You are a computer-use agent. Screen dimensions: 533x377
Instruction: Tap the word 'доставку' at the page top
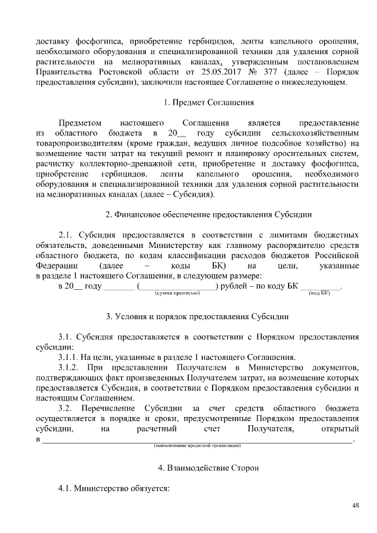(53, 41)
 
